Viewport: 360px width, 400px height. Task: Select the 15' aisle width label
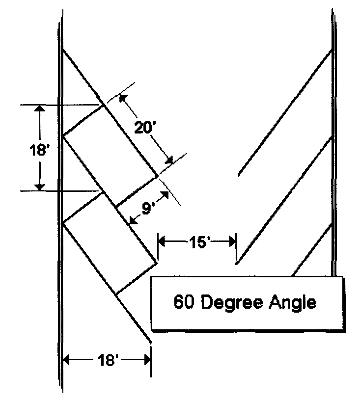196,241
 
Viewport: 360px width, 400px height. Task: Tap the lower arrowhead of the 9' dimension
131,221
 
